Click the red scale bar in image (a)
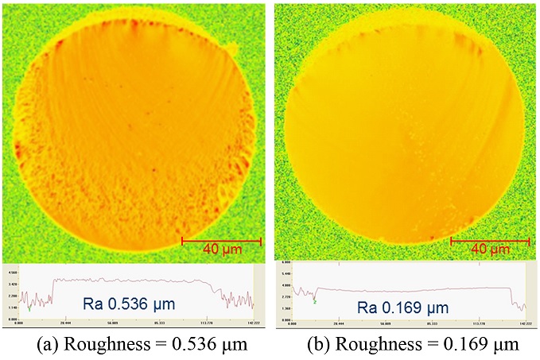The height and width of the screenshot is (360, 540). (x=222, y=238)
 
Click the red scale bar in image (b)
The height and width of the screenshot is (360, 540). (x=490, y=239)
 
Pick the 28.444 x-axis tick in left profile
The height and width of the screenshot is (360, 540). (x=65, y=323)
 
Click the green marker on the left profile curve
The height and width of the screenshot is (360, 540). (x=29, y=307)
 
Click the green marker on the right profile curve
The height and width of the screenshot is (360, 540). (x=315, y=301)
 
